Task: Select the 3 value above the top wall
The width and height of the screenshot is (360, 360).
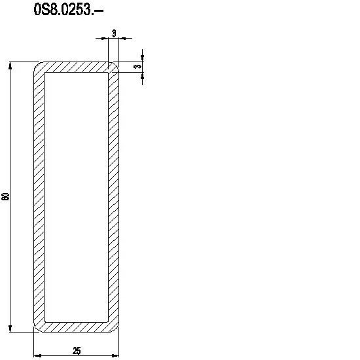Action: [114, 33]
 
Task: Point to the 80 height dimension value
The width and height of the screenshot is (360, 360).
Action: [6, 196]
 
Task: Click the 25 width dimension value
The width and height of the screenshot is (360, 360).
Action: [77, 351]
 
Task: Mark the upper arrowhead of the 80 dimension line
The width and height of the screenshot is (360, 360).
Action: [10, 66]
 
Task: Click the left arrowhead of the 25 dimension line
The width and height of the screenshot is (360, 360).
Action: [37, 355]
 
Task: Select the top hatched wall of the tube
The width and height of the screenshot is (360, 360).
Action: [76, 67]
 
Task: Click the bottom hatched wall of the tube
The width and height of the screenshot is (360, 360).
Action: [76, 326]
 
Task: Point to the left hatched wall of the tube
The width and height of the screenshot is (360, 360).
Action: [39, 196]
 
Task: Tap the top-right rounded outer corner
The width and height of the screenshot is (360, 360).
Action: [117, 64]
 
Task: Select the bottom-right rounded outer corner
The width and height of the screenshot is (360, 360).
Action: [117, 329]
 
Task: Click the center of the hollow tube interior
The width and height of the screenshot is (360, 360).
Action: [76, 196]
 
